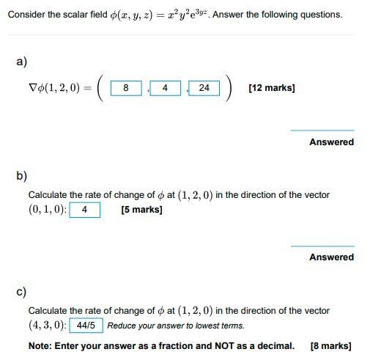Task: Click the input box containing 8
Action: (126, 88)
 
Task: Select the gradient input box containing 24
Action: (204, 88)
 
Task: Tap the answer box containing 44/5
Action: (86, 326)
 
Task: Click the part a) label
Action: (22, 62)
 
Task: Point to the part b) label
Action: (22, 175)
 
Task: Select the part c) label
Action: (22, 292)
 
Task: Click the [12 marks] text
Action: (272, 88)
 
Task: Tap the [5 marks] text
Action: (141, 210)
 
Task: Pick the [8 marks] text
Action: (330, 346)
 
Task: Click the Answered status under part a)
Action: (331, 142)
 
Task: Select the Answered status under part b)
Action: (331, 257)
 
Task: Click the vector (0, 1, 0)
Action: (47, 210)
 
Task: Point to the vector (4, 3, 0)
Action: (47, 326)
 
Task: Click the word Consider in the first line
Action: (26, 15)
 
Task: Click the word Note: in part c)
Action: (42, 346)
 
